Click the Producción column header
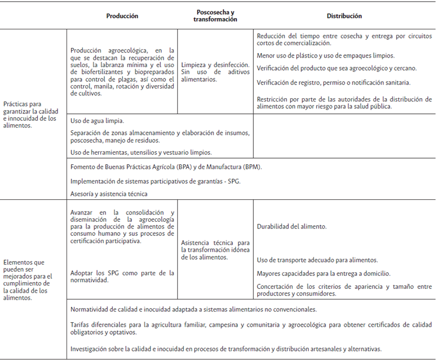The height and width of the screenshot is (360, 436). click(122, 16)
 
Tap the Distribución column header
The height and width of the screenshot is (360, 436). click(344, 16)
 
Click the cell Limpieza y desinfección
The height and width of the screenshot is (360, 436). click(215, 72)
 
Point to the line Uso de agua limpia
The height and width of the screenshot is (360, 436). click(98, 121)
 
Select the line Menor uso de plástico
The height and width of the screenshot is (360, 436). click(325, 56)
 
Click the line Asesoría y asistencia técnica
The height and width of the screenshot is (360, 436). click(109, 194)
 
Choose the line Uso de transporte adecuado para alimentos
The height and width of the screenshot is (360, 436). click(317, 260)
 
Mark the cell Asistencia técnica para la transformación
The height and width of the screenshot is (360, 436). click(215, 249)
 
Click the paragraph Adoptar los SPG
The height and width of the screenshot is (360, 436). click(122, 276)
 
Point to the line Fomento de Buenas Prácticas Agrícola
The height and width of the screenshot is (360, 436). click(166, 167)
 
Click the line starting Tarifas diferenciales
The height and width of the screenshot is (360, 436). click(251, 328)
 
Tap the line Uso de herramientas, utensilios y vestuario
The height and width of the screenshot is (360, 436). click(141, 152)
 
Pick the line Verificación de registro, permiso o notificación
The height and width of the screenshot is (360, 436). click(333, 82)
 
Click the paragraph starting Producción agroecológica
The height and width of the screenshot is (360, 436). click(122, 72)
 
